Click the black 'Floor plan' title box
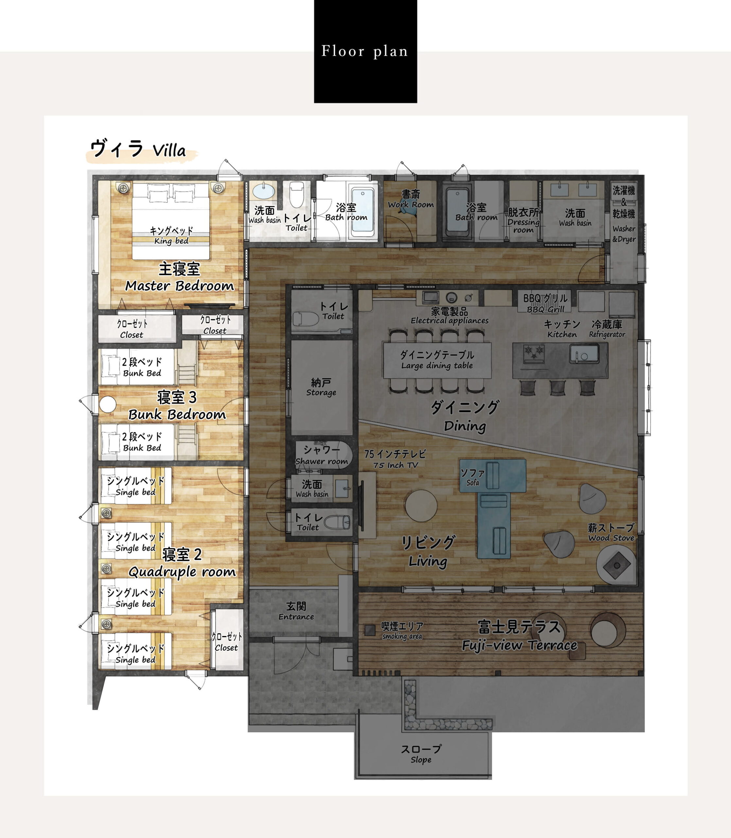pos(365,51)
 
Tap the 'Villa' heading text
pos(169,151)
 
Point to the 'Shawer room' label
pos(322,461)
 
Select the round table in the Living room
pos(421,505)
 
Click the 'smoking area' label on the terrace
pos(402,636)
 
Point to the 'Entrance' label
pos(296,616)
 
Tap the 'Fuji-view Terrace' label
pos(519,645)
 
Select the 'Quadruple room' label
pos(182,572)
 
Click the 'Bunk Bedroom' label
pos(177,414)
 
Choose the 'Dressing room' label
pos(523,226)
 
